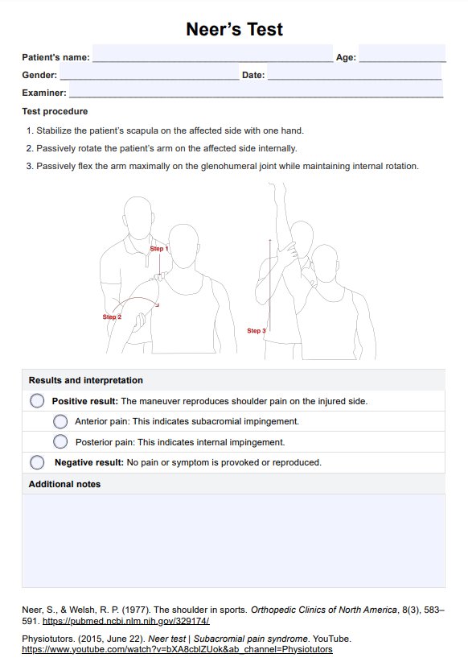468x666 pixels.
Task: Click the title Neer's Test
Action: [x=234, y=29]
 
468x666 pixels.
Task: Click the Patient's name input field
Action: [x=212, y=53]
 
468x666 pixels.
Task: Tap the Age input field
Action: [x=402, y=53]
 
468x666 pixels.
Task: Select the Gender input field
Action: [x=150, y=72]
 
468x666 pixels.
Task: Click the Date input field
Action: [x=355, y=72]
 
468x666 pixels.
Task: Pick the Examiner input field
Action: [x=257, y=89]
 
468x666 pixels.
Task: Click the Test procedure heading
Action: [x=55, y=111]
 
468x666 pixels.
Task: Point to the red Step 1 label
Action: [x=159, y=249]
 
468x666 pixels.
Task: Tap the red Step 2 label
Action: [x=112, y=316]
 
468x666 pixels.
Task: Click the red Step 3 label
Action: [x=257, y=330]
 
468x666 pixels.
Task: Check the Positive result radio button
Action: [x=37, y=401]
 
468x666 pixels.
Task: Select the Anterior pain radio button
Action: [x=60, y=421]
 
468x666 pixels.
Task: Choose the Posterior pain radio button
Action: [x=60, y=442]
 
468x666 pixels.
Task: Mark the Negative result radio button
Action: [x=37, y=462]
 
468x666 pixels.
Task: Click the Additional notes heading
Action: [x=64, y=484]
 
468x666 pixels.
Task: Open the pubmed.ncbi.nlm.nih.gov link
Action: [x=126, y=621]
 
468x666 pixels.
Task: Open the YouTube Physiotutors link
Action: [x=178, y=649]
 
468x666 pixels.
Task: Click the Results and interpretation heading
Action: [x=86, y=380]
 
